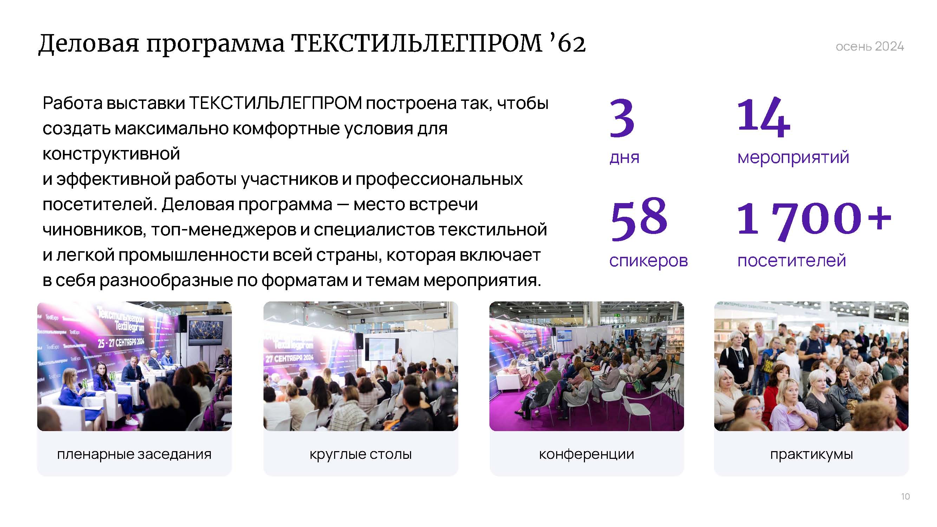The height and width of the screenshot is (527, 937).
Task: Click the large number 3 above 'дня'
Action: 622,118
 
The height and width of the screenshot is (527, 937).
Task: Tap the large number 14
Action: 763,117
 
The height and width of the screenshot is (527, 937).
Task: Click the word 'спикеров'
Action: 649,260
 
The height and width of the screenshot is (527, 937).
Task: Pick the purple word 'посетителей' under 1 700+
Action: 792,260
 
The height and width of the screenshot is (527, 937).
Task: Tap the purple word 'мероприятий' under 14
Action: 793,157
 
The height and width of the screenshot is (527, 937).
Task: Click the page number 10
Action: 905,496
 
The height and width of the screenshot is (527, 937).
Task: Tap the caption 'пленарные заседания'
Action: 134,454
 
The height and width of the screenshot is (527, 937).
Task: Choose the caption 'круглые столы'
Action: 360,454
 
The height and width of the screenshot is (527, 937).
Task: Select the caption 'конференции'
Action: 586,454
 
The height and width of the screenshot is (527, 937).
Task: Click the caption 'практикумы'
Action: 812,454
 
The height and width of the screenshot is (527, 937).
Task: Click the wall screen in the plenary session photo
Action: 206,332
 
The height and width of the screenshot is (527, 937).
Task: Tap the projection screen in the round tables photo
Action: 381,349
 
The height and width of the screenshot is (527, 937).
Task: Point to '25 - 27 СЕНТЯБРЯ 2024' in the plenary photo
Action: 121,342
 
